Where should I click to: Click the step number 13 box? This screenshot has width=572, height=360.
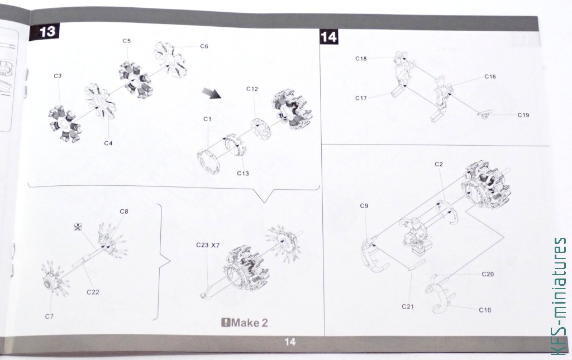(44, 32)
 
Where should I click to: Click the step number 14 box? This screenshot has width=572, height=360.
(328, 37)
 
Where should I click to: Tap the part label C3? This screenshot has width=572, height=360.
(58, 76)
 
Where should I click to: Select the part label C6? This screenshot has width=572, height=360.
(204, 46)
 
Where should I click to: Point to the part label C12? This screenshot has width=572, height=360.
(252, 89)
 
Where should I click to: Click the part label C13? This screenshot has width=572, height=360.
(242, 174)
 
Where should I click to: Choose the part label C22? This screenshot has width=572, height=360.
(93, 292)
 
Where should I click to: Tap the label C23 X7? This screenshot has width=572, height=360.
(208, 245)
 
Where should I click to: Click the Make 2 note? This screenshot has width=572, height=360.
(245, 323)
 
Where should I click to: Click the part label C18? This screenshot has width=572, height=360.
(361, 59)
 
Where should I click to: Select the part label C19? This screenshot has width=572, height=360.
(523, 115)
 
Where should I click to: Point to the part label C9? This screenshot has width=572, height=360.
(364, 206)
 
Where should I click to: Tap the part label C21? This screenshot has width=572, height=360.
(407, 307)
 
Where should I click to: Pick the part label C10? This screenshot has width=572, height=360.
(485, 310)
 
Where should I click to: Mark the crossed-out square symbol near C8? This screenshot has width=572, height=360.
(78, 227)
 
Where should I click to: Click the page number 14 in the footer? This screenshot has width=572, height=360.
(290, 342)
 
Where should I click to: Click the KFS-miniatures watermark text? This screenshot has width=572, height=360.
(560, 295)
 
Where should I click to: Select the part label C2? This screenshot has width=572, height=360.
(438, 164)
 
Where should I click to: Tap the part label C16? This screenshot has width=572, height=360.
(490, 76)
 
